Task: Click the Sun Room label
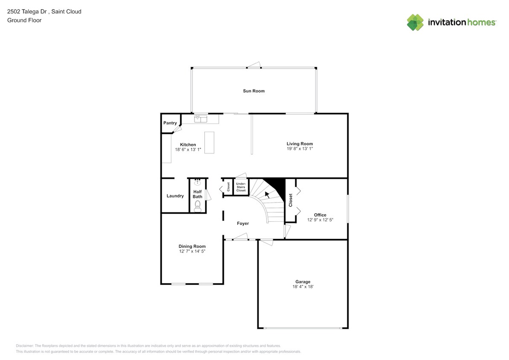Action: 253,91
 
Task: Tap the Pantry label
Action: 170,123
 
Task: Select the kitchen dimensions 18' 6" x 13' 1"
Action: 188,150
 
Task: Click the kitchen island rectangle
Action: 209,142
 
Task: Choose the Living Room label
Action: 300,144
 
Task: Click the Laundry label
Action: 175,196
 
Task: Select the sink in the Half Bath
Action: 197,183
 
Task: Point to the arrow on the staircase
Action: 267,195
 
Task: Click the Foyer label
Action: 243,224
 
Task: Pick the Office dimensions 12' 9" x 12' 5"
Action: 320,220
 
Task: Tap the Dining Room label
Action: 192,246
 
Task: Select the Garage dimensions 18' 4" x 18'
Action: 302,287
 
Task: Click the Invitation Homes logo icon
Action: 415,22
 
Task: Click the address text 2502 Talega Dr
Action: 28,12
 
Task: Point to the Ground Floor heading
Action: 24,20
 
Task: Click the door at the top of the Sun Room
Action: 254,65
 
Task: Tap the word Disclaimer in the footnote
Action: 25,345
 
